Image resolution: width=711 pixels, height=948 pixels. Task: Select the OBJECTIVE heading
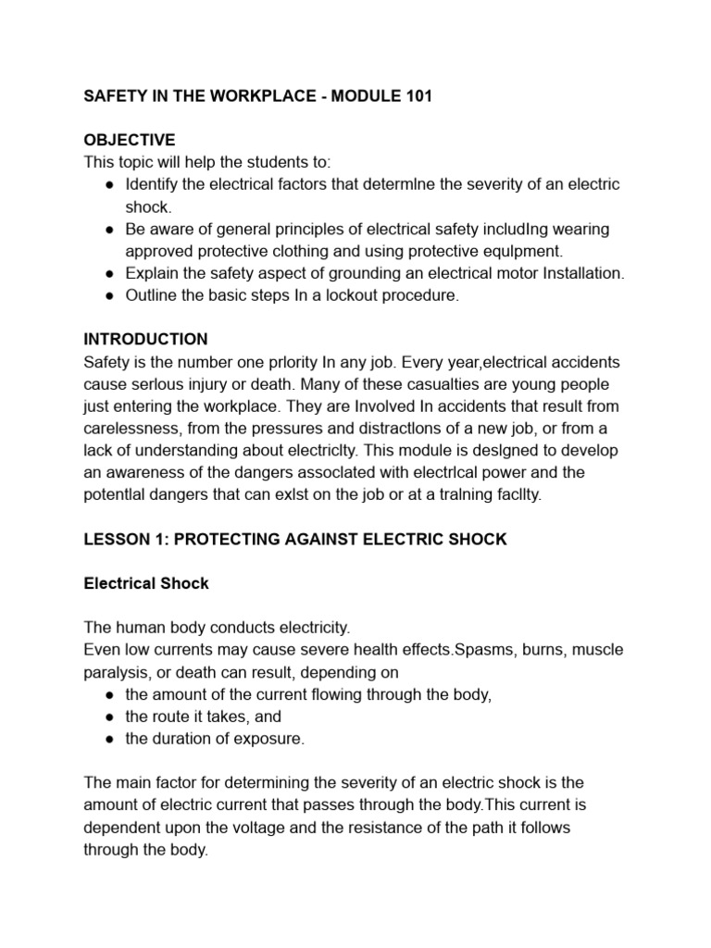click(129, 140)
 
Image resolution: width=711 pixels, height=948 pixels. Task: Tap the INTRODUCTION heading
click(145, 339)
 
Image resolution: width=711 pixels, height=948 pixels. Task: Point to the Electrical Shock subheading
click(146, 583)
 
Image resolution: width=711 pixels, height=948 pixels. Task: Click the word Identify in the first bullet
click(153, 184)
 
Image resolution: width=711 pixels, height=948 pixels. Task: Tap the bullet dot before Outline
click(109, 295)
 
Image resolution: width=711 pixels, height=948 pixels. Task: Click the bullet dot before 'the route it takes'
click(109, 717)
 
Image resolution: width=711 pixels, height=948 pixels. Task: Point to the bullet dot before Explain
click(109, 273)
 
